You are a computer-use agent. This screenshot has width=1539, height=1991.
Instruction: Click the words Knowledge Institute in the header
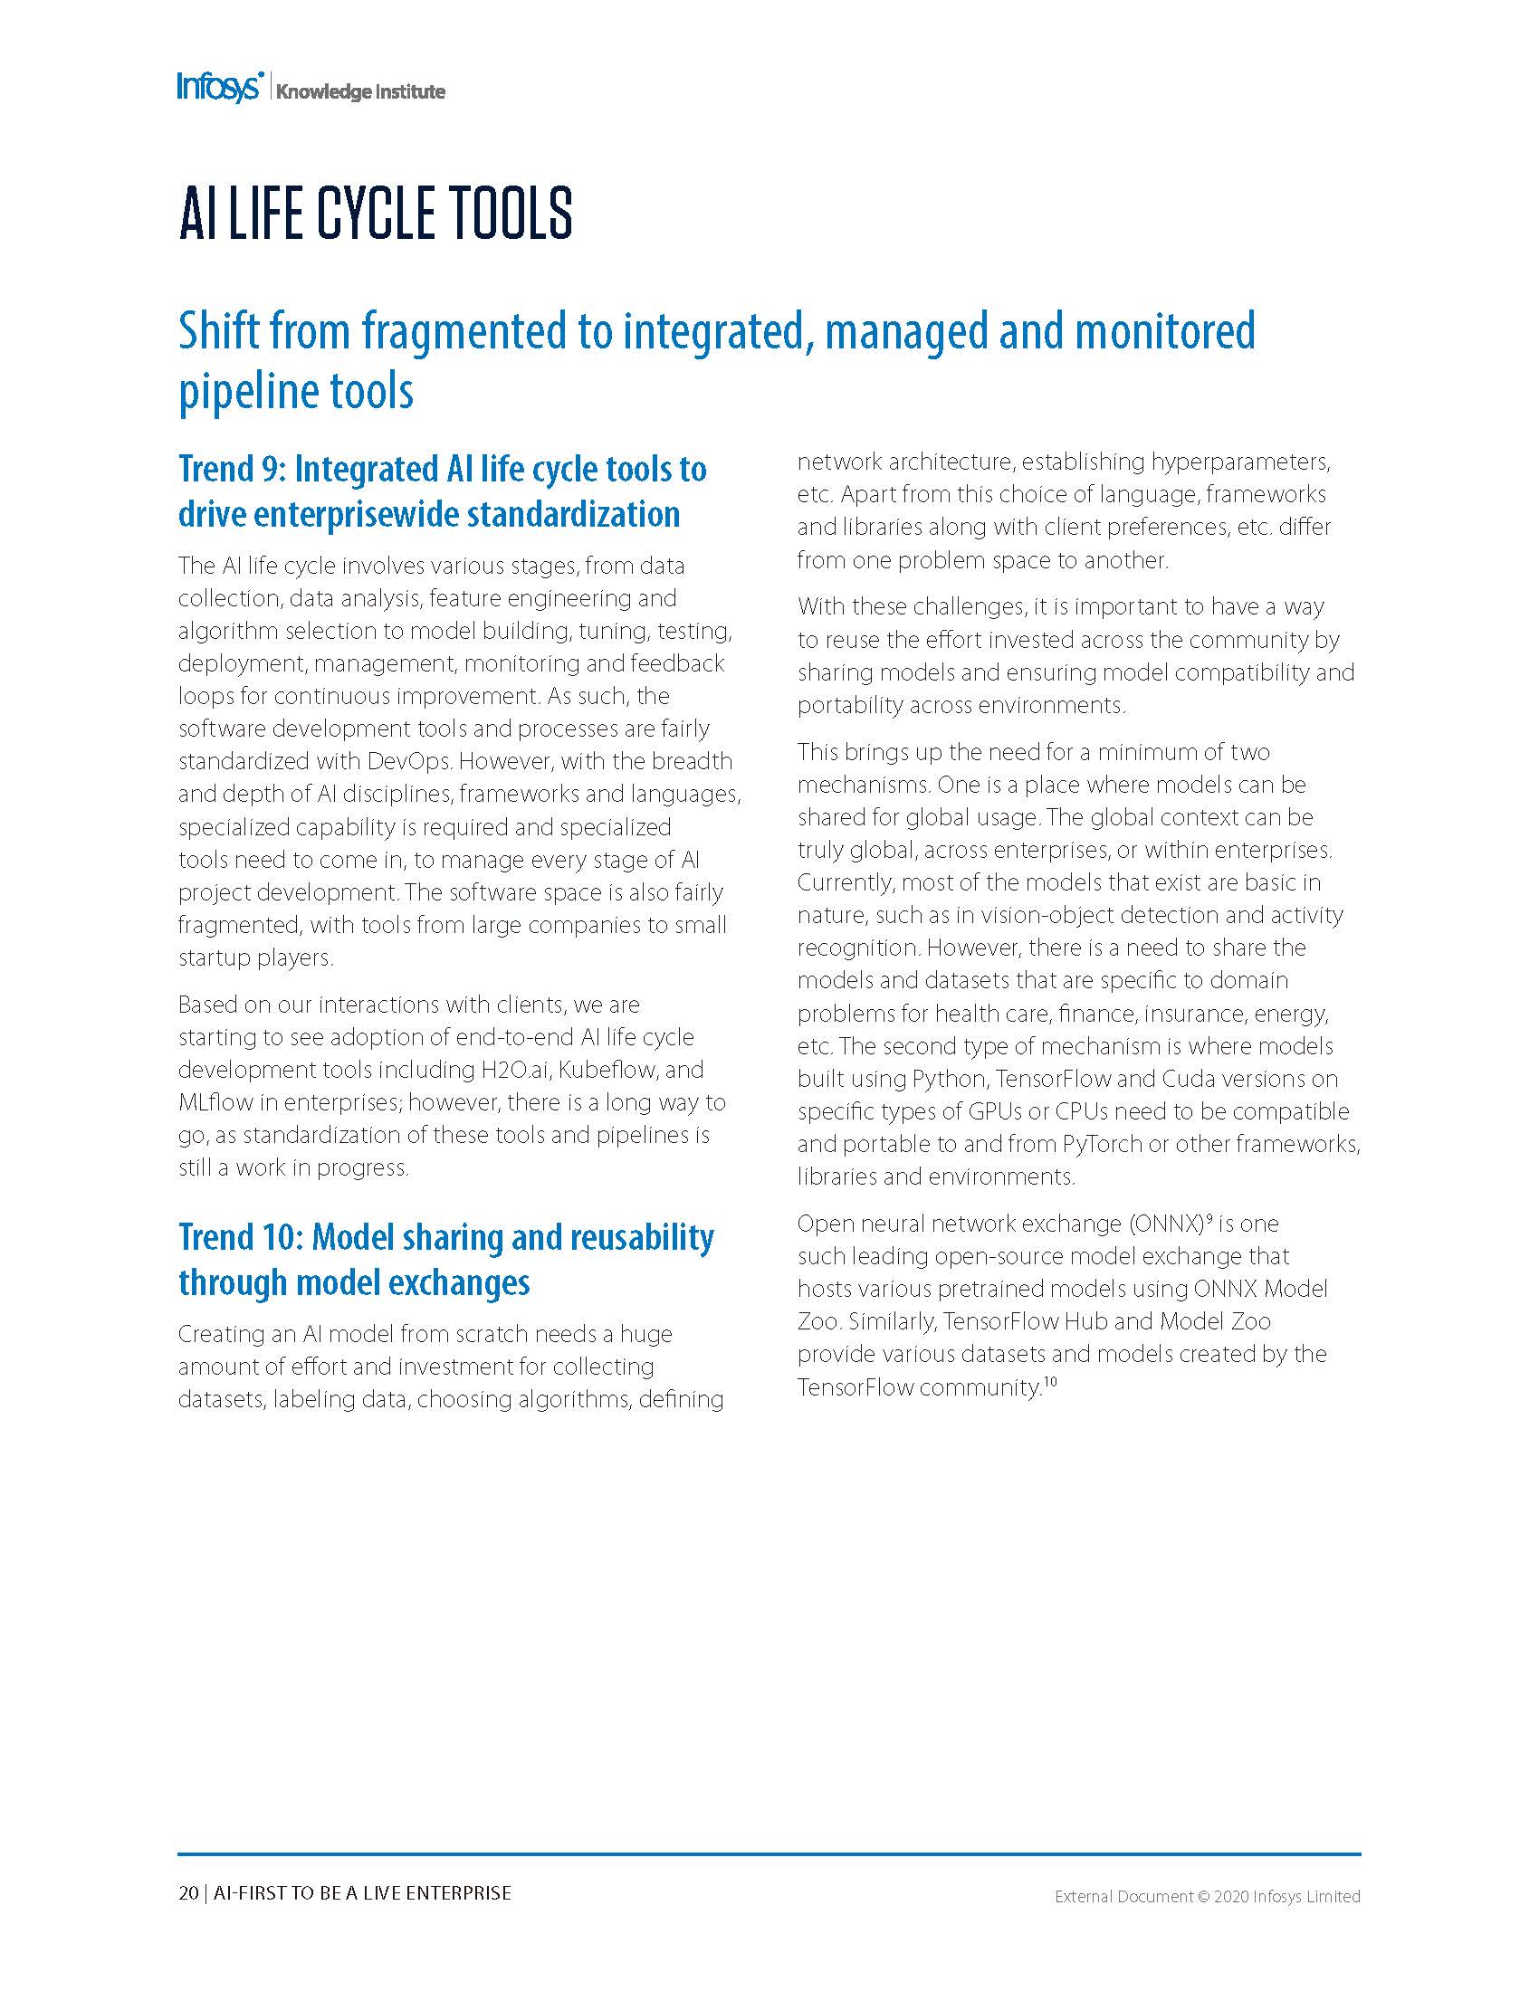(360, 92)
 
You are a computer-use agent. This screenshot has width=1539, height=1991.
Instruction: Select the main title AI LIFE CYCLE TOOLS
(375, 214)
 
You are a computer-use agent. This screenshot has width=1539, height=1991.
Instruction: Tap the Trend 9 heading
(442, 491)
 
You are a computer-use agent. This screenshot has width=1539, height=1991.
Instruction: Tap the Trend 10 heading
(445, 1259)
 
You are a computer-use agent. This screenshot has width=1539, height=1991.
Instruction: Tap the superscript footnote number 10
(1049, 1382)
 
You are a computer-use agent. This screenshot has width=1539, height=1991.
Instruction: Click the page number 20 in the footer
(187, 1893)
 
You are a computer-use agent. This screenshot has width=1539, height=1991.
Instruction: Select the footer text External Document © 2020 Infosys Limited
(1207, 1896)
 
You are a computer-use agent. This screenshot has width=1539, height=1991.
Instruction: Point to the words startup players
(255, 958)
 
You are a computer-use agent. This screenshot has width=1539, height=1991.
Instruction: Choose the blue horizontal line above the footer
(769, 1854)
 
